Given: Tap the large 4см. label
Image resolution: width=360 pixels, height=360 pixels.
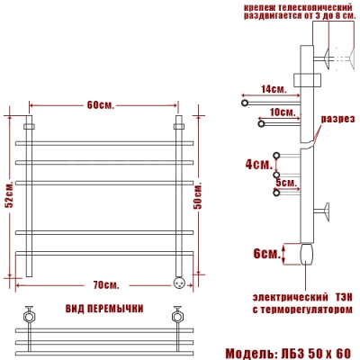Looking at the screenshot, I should (257, 165).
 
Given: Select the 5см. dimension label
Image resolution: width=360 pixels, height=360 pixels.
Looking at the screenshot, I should (287, 183).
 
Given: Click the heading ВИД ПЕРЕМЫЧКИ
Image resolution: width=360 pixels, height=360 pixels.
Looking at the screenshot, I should (104, 309).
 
